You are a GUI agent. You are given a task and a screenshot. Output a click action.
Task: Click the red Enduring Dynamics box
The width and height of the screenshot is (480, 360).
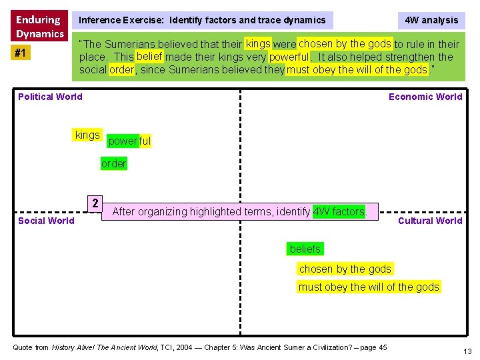(x=39, y=26)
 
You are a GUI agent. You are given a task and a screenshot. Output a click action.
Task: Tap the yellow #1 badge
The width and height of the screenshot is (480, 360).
(x=22, y=53)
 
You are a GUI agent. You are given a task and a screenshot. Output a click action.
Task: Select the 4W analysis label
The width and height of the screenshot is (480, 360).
(x=431, y=20)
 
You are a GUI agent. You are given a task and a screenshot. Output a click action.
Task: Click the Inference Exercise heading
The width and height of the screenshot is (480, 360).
(x=202, y=20)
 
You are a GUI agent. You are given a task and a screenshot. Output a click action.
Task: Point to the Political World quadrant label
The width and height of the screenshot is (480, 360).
(x=50, y=97)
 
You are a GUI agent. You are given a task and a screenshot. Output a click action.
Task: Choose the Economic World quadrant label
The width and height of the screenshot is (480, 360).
(x=425, y=97)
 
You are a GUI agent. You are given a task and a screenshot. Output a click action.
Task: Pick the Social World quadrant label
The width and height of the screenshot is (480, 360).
(x=46, y=221)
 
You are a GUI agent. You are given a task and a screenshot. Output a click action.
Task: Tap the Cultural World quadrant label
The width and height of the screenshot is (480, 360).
(x=430, y=221)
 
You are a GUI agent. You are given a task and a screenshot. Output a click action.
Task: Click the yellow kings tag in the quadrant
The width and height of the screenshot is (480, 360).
(x=87, y=135)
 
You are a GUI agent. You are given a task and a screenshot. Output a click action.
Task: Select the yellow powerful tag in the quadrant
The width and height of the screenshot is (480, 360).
(x=129, y=141)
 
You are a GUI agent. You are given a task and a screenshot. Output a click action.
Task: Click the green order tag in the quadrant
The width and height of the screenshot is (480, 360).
(x=114, y=164)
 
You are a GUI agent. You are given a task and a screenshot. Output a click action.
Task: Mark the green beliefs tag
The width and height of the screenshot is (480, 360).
(x=305, y=249)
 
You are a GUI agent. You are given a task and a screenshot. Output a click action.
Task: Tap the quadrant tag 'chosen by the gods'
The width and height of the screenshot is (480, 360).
(x=345, y=269)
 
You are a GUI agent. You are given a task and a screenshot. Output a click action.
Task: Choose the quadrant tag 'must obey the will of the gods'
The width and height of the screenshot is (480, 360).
(x=369, y=287)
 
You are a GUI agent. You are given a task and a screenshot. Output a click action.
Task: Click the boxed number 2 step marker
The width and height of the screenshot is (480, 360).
(x=95, y=203)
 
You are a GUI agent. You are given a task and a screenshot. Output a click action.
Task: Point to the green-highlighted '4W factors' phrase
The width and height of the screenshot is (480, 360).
(x=339, y=212)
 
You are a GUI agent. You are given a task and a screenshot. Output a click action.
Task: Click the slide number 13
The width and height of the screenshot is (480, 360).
(x=467, y=351)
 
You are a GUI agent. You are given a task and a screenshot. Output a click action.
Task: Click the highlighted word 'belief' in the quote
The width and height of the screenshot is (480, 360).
(x=149, y=56)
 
